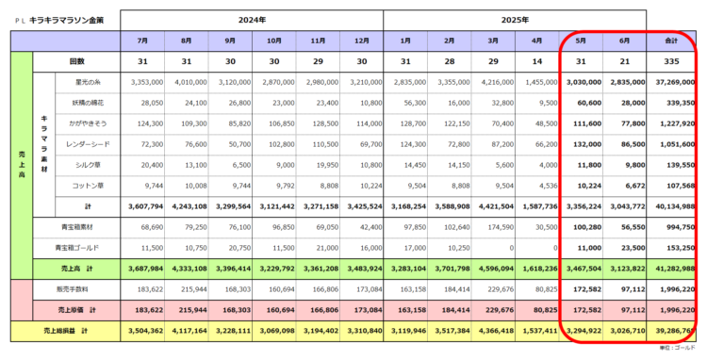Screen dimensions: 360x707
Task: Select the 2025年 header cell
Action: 515,19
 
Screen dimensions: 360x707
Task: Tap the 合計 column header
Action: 674,41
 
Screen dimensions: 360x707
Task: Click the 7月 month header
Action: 141,41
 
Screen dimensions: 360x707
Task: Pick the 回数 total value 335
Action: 674,62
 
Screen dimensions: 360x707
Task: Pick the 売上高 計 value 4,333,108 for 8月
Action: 189,268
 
